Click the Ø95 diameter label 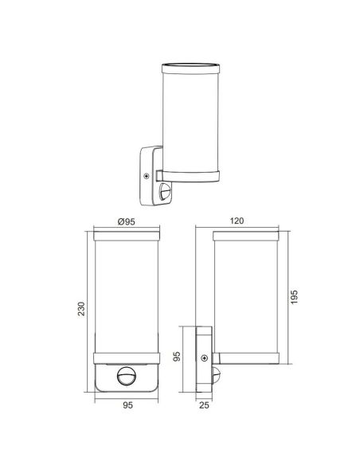tap(127, 221)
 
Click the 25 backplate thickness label tap(204, 405)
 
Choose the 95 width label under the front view tap(126, 405)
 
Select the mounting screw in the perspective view tap(147, 177)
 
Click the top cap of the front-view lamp tap(126, 236)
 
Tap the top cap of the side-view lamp tap(248, 236)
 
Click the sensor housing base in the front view tap(126, 384)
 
